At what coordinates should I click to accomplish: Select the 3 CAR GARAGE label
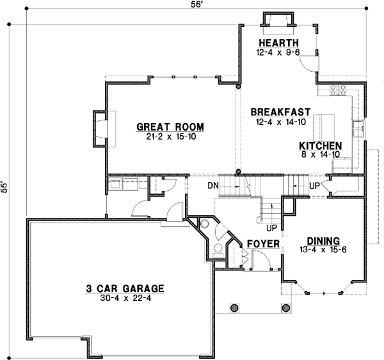pyautogui.click(x=124, y=288)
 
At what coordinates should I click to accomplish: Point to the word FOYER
pyautogui.click(x=264, y=244)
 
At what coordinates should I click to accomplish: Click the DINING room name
pyautogui.click(x=323, y=240)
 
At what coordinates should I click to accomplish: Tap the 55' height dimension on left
pyautogui.click(x=7, y=186)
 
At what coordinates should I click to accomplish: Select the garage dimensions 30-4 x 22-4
pyautogui.click(x=124, y=298)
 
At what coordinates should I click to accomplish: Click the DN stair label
pyautogui.click(x=213, y=186)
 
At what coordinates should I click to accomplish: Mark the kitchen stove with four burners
pyautogui.click(x=338, y=91)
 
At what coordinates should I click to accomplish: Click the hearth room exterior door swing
pyautogui.click(x=309, y=61)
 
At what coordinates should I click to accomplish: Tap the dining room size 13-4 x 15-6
pyautogui.click(x=323, y=249)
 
